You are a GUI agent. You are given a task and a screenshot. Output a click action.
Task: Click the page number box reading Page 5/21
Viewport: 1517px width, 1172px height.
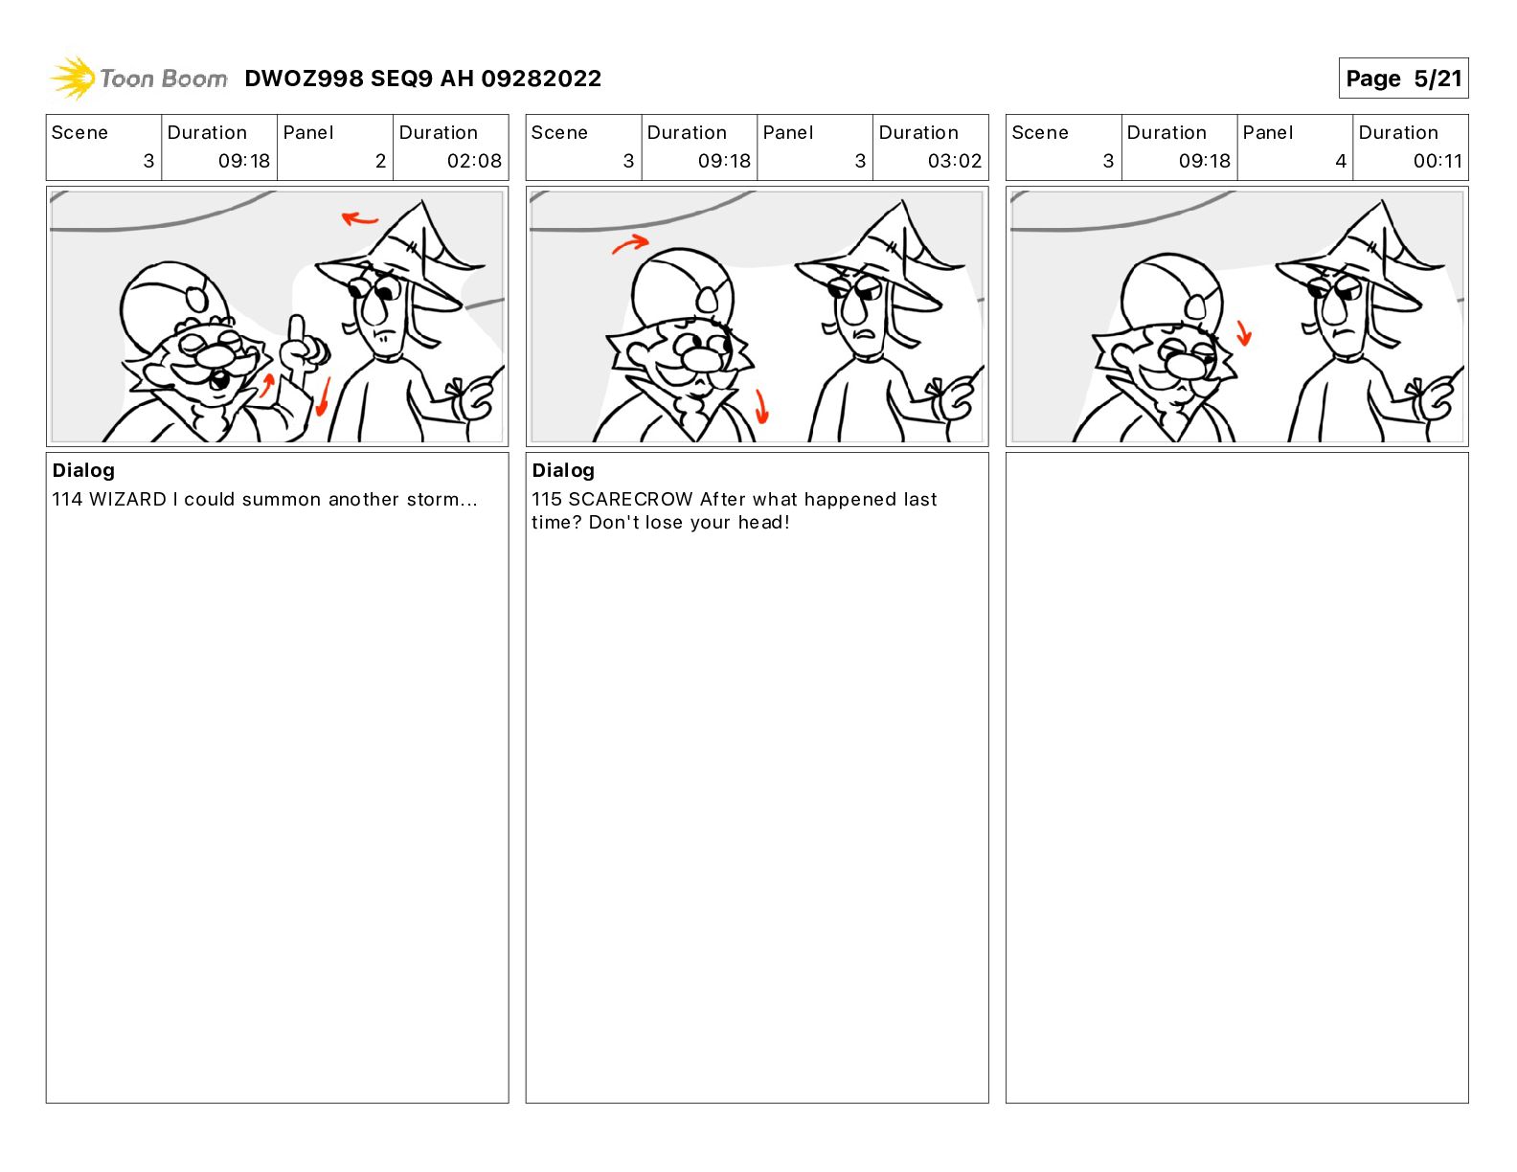click(x=1403, y=79)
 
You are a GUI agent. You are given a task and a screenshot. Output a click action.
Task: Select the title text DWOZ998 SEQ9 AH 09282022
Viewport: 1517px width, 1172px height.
click(x=422, y=79)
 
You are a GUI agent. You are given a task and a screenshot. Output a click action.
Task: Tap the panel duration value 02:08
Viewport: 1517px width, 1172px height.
click(x=474, y=161)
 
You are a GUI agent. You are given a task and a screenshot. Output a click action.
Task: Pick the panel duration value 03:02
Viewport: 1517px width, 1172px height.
click(x=954, y=161)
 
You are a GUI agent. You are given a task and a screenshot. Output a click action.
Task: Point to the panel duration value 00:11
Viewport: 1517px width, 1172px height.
click(x=1438, y=161)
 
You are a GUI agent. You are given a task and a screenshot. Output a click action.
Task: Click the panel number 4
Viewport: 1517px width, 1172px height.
click(x=1341, y=161)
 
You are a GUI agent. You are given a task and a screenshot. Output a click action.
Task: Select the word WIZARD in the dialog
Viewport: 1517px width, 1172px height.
click(x=127, y=499)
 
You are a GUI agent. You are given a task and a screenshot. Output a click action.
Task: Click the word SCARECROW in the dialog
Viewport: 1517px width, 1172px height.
click(x=630, y=499)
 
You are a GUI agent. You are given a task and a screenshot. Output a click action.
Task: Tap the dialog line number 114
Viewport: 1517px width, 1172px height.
click(x=67, y=499)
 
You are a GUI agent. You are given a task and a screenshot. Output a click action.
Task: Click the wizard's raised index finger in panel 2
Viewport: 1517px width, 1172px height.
click(x=298, y=332)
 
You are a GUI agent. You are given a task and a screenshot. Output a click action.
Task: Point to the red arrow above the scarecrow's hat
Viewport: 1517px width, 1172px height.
click(x=359, y=218)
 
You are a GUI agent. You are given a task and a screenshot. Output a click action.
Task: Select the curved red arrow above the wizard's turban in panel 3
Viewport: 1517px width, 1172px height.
click(x=630, y=244)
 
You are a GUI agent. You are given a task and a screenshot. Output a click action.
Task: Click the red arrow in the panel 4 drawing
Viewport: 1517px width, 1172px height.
click(x=1244, y=333)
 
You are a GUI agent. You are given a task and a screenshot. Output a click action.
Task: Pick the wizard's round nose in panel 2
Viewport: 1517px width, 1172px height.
click(x=215, y=356)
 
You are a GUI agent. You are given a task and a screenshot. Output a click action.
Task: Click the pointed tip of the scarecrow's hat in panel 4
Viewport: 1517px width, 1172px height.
click(x=1382, y=202)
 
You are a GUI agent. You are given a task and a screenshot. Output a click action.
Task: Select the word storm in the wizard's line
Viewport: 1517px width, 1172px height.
click(x=433, y=499)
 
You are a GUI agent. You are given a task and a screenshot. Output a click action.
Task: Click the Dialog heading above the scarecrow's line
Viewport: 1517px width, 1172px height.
click(x=563, y=470)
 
